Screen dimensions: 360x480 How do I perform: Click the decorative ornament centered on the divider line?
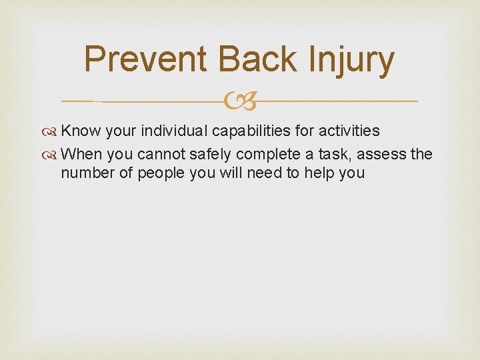coord(239,101)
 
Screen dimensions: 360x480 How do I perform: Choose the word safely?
coord(215,155)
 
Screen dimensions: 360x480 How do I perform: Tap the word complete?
coord(273,155)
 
